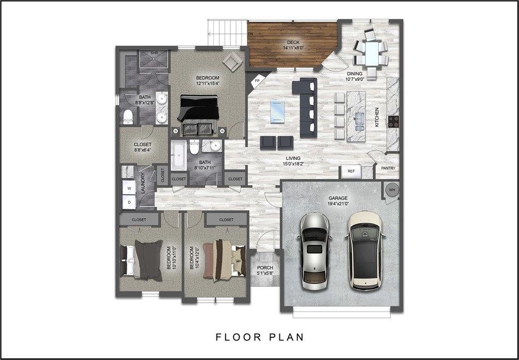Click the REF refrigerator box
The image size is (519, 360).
[x=351, y=171]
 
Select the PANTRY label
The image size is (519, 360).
[x=388, y=168]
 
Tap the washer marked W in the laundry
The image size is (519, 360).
[x=128, y=189]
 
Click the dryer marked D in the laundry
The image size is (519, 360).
[x=128, y=203]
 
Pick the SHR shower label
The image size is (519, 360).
[x=154, y=53]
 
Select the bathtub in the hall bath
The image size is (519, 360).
[x=179, y=156]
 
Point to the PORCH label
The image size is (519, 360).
[x=264, y=268]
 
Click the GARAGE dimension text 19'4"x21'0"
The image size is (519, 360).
[x=338, y=204]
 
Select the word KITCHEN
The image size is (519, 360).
[x=377, y=118]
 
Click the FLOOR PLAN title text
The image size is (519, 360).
[x=259, y=337]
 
